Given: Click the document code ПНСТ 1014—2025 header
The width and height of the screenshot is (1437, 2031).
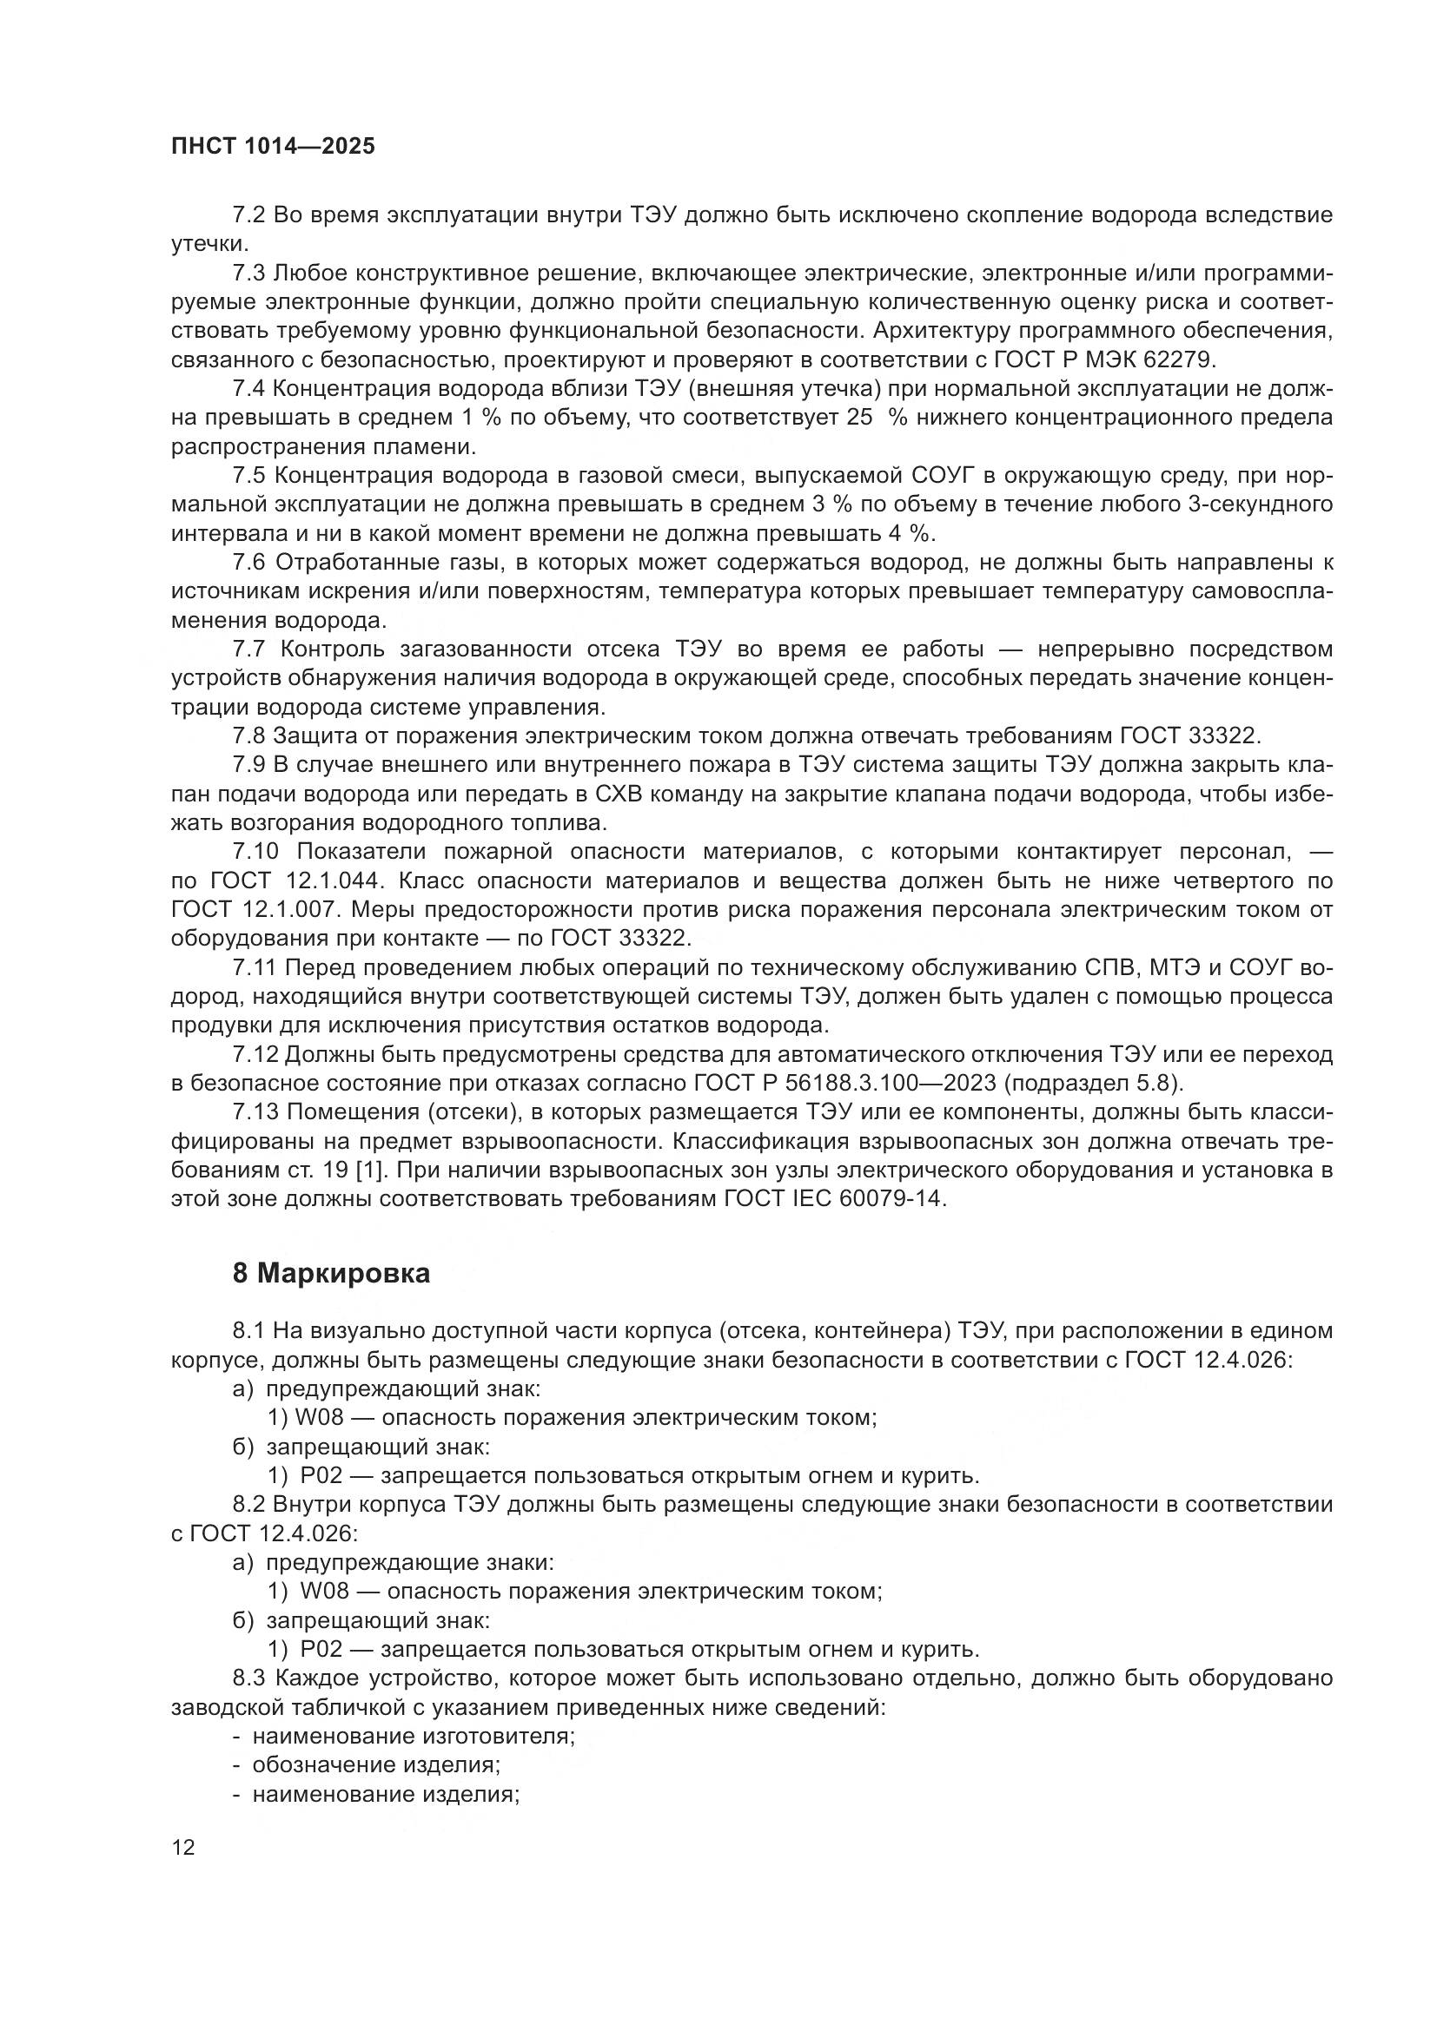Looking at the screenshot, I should [x=273, y=147].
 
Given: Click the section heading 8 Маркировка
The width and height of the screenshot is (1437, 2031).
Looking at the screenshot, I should [x=331, y=1274].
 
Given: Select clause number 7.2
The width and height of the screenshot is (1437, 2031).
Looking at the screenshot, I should [x=248, y=215].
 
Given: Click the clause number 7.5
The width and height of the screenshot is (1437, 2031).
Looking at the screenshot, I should [x=248, y=476].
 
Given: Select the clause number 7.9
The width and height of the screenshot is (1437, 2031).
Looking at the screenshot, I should [x=248, y=764].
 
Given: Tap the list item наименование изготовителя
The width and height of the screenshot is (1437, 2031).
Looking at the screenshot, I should [x=414, y=1736].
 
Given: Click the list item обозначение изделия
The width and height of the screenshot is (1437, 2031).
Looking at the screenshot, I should [x=376, y=1764].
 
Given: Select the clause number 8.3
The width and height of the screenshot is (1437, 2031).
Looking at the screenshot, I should [x=248, y=1678].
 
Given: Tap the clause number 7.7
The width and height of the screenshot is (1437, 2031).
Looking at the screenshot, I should [x=249, y=650].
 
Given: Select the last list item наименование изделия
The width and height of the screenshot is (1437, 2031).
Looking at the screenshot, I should [x=385, y=1794].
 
